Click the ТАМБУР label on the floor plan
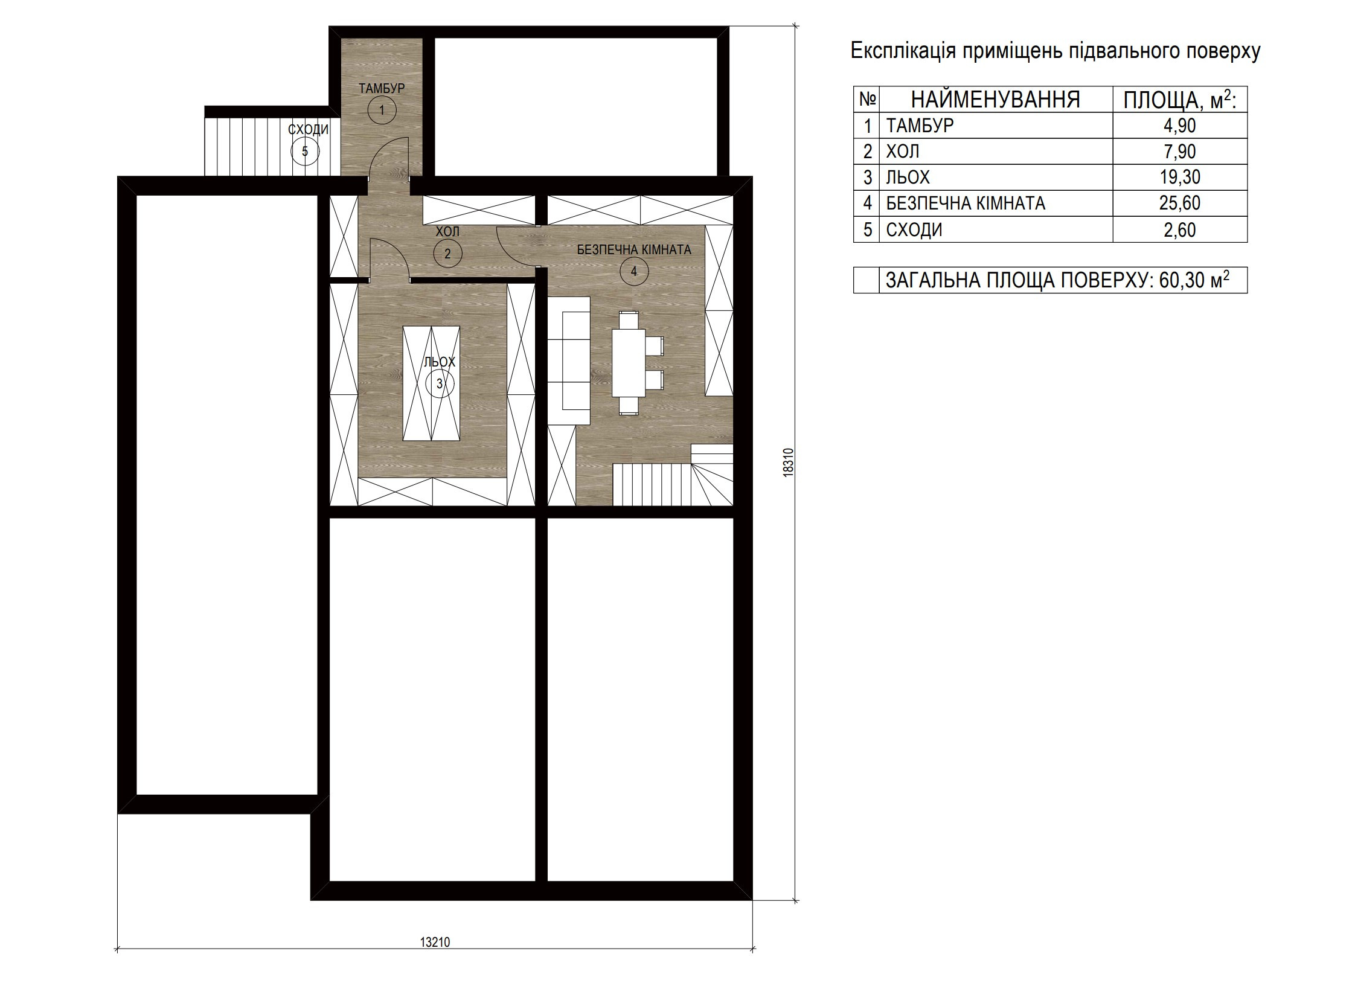pyautogui.click(x=382, y=88)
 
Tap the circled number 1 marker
pyautogui.click(x=382, y=110)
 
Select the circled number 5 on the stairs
pyautogui.click(x=305, y=151)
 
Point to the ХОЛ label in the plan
pyautogui.click(x=447, y=231)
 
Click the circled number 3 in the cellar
pyautogui.click(x=440, y=383)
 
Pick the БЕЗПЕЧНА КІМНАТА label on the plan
pyautogui.click(x=634, y=249)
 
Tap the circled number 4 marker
pyautogui.click(x=634, y=272)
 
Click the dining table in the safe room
pyautogui.click(x=629, y=362)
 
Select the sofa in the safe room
pyautogui.click(x=569, y=360)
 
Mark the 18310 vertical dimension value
pyautogui.click(x=786, y=463)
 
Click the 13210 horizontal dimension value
pyautogui.click(x=435, y=942)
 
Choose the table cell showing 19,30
pyautogui.click(x=1179, y=177)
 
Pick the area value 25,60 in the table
pyautogui.click(x=1179, y=203)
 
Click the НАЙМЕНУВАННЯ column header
pyautogui.click(x=995, y=99)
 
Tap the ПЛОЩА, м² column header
pyautogui.click(x=1180, y=100)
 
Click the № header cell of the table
pyautogui.click(x=867, y=99)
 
